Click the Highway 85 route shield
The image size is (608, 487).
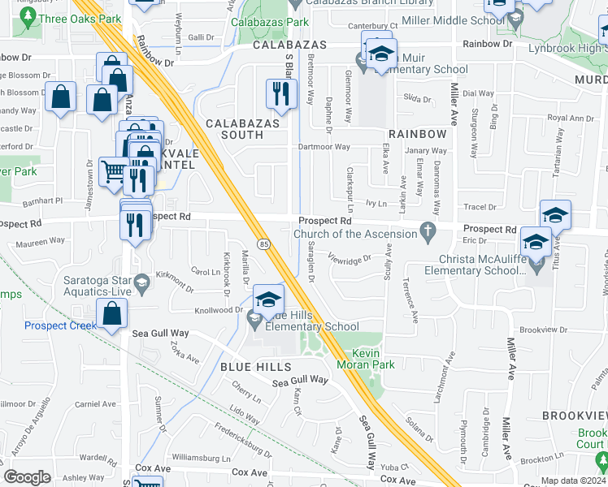(x=264, y=243)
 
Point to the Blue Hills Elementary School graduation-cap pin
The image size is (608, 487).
(x=268, y=300)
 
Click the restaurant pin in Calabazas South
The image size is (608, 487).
(x=281, y=94)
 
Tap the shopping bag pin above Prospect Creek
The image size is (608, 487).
(x=111, y=313)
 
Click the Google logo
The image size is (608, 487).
(x=27, y=477)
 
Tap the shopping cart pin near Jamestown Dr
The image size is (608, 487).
(x=114, y=171)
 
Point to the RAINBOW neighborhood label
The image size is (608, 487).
(x=417, y=133)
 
